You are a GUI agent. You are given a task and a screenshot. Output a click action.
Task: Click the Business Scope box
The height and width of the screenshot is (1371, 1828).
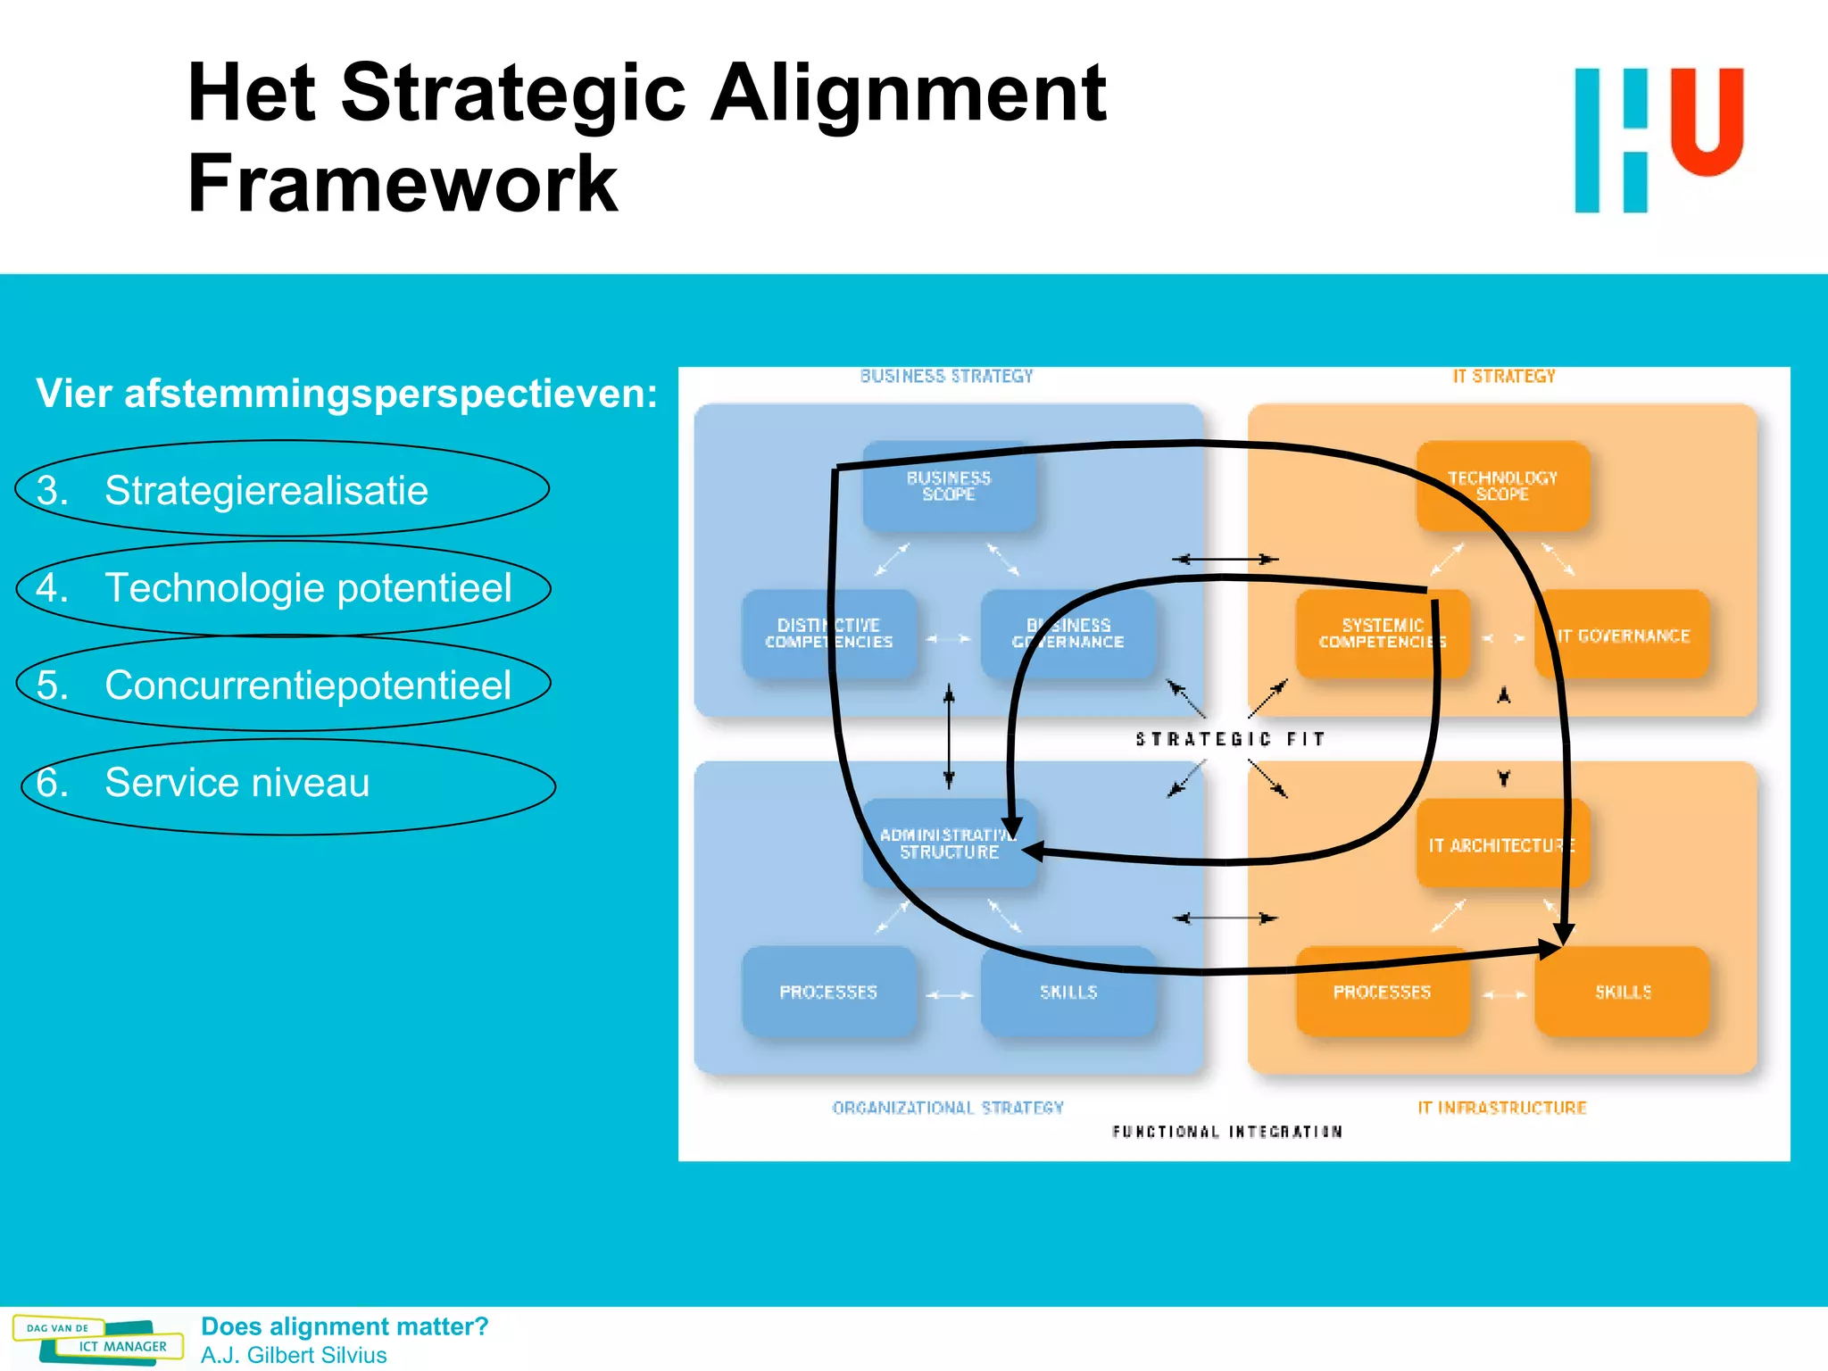pyautogui.click(x=949, y=486)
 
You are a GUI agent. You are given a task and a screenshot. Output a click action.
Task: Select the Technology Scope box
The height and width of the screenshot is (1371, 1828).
pyautogui.click(x=1502, y=486)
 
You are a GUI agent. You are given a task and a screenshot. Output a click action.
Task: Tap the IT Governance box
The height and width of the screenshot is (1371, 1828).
pyautogui.click(x=1622, y=636)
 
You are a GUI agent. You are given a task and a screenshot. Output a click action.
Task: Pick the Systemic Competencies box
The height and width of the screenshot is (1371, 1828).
pyautogui.click(x=1382, y=634)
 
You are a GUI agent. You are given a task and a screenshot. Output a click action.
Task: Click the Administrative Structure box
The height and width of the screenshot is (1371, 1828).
pyautogui.click(x=949, y=843)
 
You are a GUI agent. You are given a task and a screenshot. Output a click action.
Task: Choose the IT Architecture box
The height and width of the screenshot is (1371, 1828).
pyautogui.click(x=1502, y=844)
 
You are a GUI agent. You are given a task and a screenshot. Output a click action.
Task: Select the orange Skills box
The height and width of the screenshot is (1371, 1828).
pyautogui.click(x=1622, y=992)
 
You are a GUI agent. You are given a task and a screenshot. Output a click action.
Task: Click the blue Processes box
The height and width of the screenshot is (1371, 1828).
pyautogui.click(x=828, y=992)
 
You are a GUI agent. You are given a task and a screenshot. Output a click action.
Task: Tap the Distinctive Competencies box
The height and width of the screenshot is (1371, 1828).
pyautogui.click(x=828, y=634)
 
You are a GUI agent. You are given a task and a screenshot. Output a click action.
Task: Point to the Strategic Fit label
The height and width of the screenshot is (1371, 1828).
pyautogui.click(x=1230, y=739)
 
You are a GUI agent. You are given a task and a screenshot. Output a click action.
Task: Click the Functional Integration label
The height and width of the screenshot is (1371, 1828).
pyautogui.click(x=1227, y=1132)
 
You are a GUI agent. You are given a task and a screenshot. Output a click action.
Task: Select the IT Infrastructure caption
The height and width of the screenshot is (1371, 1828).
pyautogui.click(x=1502, y=1108)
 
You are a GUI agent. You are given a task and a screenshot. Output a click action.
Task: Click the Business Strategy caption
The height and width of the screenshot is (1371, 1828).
pyautogui.click(x=946, y=377)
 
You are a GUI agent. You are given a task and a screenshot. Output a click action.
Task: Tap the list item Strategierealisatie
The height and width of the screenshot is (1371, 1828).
pyautogui.click(x=266, y=490)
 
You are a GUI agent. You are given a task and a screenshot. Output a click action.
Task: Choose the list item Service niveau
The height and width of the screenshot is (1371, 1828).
pyautogui.click(x=237, y=783)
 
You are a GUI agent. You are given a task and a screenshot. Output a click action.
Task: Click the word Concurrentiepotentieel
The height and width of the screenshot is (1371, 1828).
pyautogui.click(x=308, y=685)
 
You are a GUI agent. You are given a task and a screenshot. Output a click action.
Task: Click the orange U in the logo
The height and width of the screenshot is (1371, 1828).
pyautogui.click(x=1707, y=120)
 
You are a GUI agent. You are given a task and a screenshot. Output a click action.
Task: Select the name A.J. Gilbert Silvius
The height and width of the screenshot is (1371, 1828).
pyautogui.click(x=294, y=1355)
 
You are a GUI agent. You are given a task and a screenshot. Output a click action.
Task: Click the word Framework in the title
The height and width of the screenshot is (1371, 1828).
pyautogui.click(x=403, y=184)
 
